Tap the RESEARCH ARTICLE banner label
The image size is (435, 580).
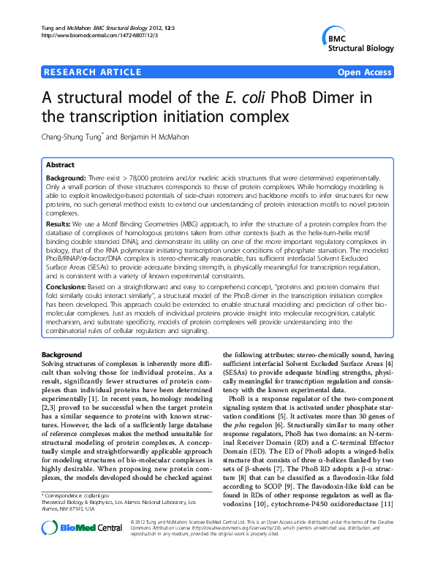[x=92, y=72]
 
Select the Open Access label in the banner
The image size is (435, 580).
[x=365, y=72]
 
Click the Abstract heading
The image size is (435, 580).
[x=61, y=165]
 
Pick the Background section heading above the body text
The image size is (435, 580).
[x=63, y=354]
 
